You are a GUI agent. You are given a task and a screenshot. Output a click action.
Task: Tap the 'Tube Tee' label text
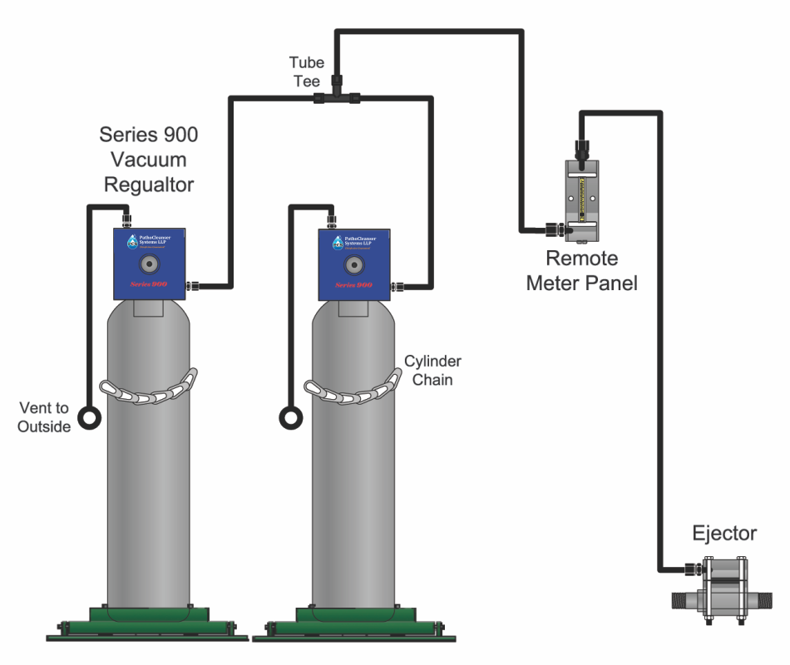coord(304,71)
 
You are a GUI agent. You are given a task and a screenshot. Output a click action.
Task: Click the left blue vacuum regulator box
coord(149,264)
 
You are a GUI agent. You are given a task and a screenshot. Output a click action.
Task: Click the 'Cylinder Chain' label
coord(432,370)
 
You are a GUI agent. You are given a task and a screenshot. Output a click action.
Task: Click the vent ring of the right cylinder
coord(292,415)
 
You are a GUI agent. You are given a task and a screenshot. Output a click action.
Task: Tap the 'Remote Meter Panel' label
coord(581,272)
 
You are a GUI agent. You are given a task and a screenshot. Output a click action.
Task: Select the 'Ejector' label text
coord(724,534)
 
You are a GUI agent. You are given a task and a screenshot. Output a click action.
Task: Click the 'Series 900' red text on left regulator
coord(148,284)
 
